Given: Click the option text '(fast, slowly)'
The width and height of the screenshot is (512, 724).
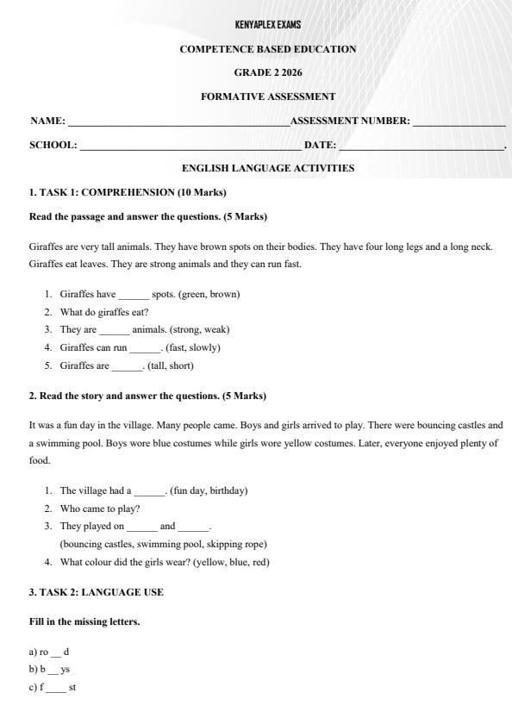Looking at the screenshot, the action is [x=192, y=347].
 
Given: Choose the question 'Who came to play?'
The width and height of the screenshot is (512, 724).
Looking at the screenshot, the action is [x=100, y=509].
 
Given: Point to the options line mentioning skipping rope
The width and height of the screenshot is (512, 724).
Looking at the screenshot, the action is [x=163, y=544].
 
